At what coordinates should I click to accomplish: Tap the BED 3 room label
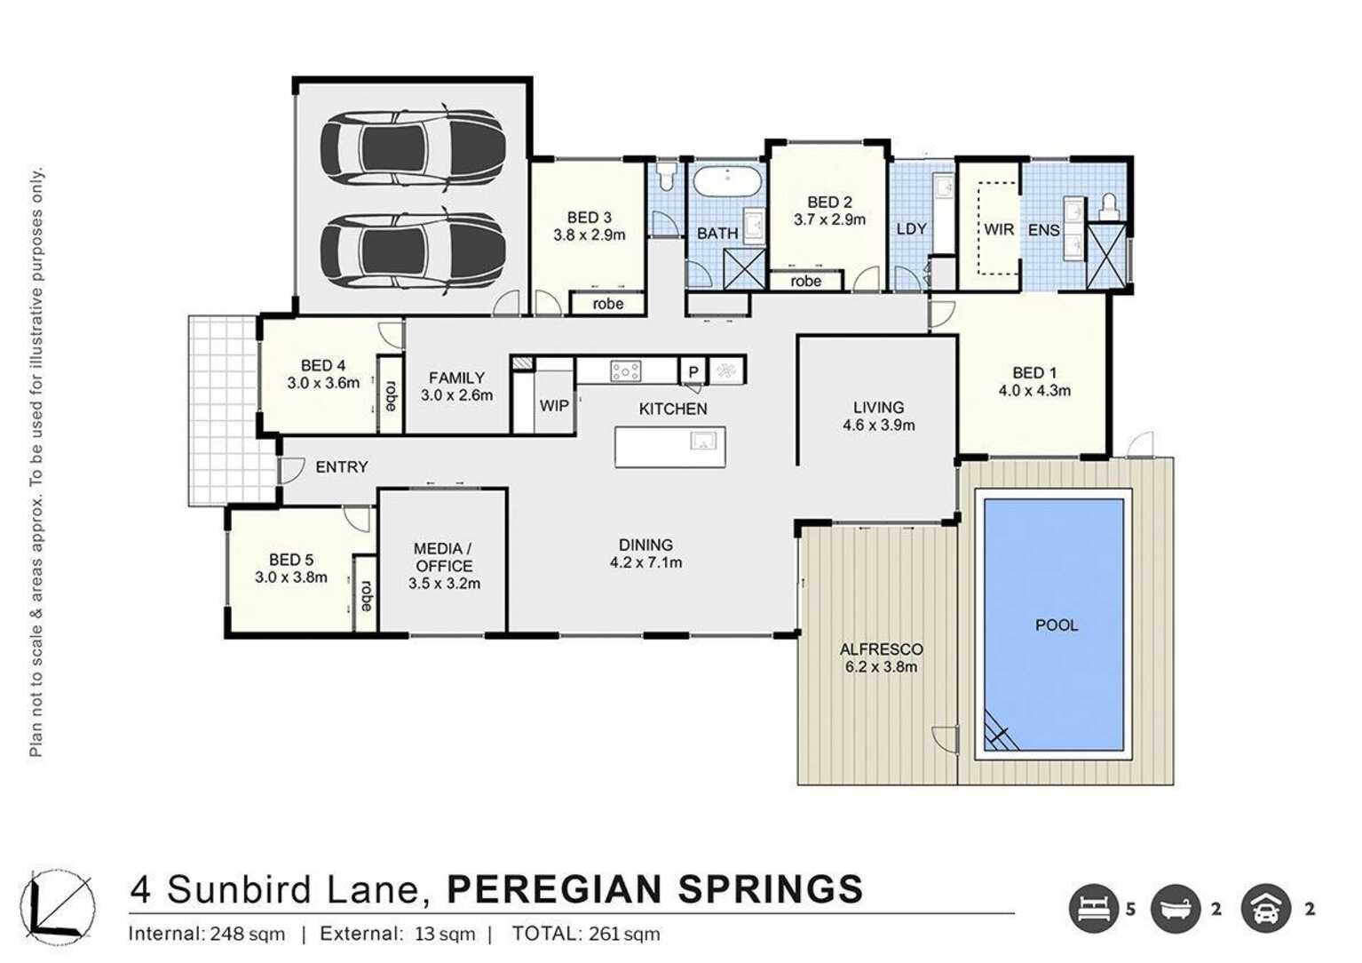pos(589,218)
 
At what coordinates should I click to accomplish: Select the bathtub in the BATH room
pos(727,181)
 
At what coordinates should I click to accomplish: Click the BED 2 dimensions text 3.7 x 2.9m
pos(829,219)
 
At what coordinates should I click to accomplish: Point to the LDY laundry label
pos(911,229)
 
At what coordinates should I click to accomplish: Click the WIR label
pos(998,229)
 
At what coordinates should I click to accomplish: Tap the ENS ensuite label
pos(1043,230)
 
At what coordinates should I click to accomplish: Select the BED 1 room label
pos(1034,373)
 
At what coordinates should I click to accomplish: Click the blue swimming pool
pos(1054,625)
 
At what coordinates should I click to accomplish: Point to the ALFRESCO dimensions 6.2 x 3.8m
pos(881,667)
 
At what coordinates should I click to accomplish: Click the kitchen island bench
pos(669,446)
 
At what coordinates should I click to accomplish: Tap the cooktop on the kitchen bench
pos(625,370)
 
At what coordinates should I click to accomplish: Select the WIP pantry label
pos(554,406)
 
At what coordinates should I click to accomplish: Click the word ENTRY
pos(341,467)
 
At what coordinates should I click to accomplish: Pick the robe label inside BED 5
pos(365,595)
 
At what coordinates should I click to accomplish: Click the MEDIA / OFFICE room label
pos(444,557)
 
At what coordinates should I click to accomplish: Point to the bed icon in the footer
pos(1092,908)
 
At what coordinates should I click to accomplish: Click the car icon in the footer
pos(1265,908)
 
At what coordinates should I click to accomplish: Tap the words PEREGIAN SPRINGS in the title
pos(654,889)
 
